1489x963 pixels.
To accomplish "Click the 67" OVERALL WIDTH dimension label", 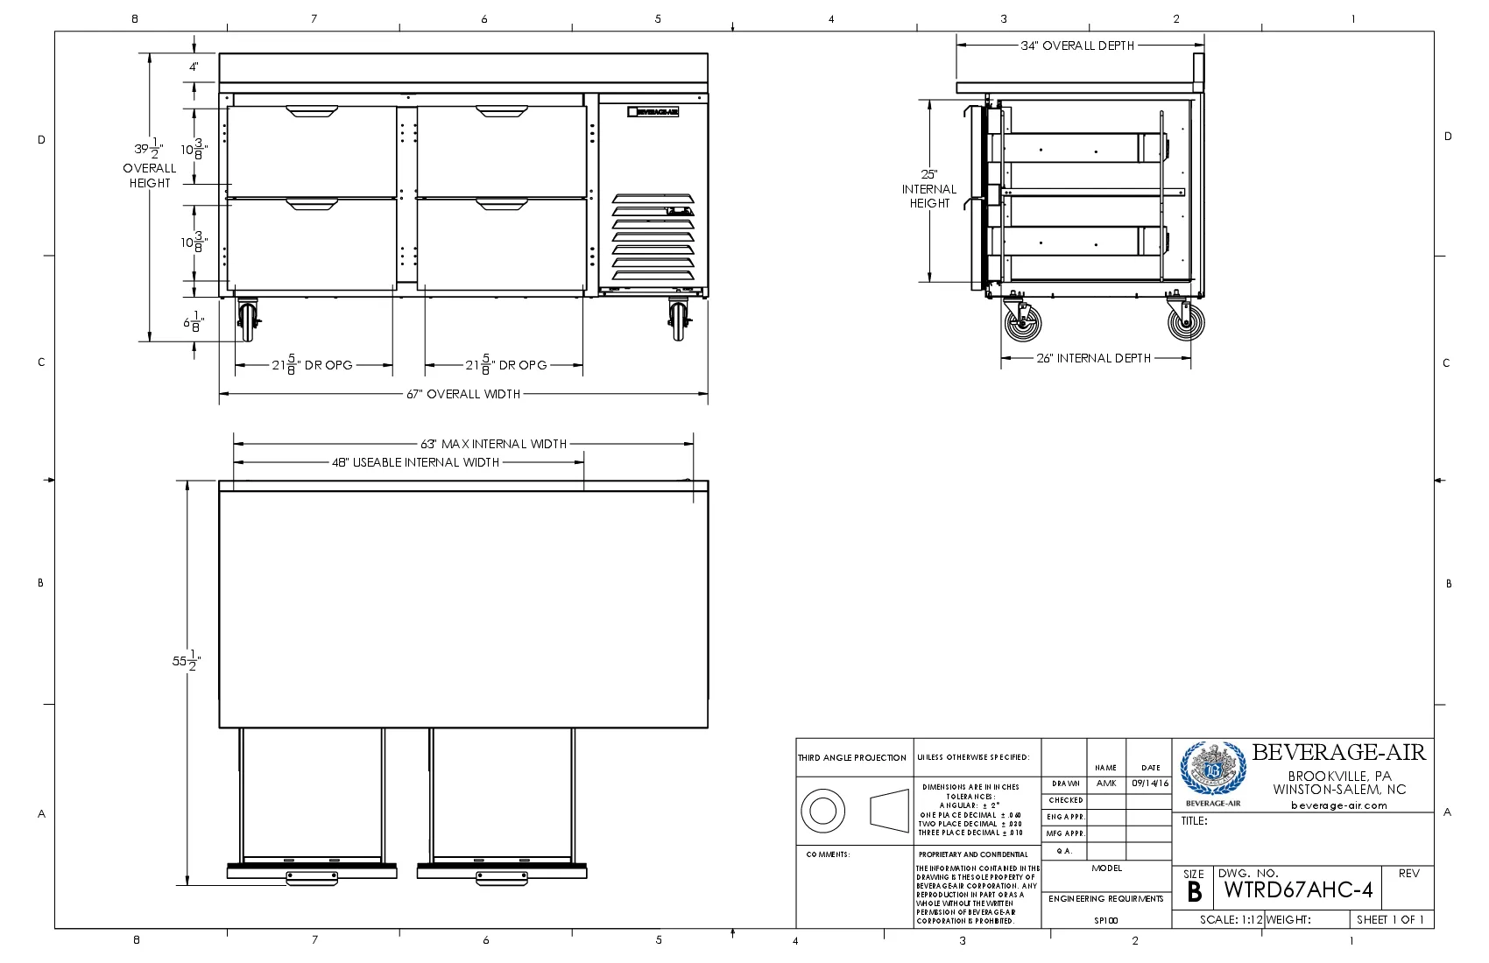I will [462, 394].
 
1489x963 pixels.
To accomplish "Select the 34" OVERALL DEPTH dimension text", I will [1077, 46].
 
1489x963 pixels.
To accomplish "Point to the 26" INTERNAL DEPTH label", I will [1093, 358].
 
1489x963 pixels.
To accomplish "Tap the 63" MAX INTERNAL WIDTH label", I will [493, 444].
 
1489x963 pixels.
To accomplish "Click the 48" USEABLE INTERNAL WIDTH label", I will [415, 462].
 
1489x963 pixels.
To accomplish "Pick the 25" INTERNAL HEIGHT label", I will [929, 188].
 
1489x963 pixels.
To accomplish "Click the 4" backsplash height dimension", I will [194, 67].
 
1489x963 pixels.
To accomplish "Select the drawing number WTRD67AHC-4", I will [1297, 890].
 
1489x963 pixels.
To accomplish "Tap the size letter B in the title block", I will [1194, 892].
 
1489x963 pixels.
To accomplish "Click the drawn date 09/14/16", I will [1150, 784].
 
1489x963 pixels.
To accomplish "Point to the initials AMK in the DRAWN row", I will [1106, 784].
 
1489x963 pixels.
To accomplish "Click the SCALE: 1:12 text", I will [1231, 920].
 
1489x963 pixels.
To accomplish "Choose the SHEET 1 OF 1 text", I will [1390, 919].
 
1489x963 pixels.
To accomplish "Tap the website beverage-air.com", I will [1338, 805].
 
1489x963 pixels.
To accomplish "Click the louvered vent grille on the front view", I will [653, 238].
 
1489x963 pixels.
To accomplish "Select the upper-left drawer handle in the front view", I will [311, 111].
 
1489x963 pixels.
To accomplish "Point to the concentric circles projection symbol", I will [822, 811].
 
